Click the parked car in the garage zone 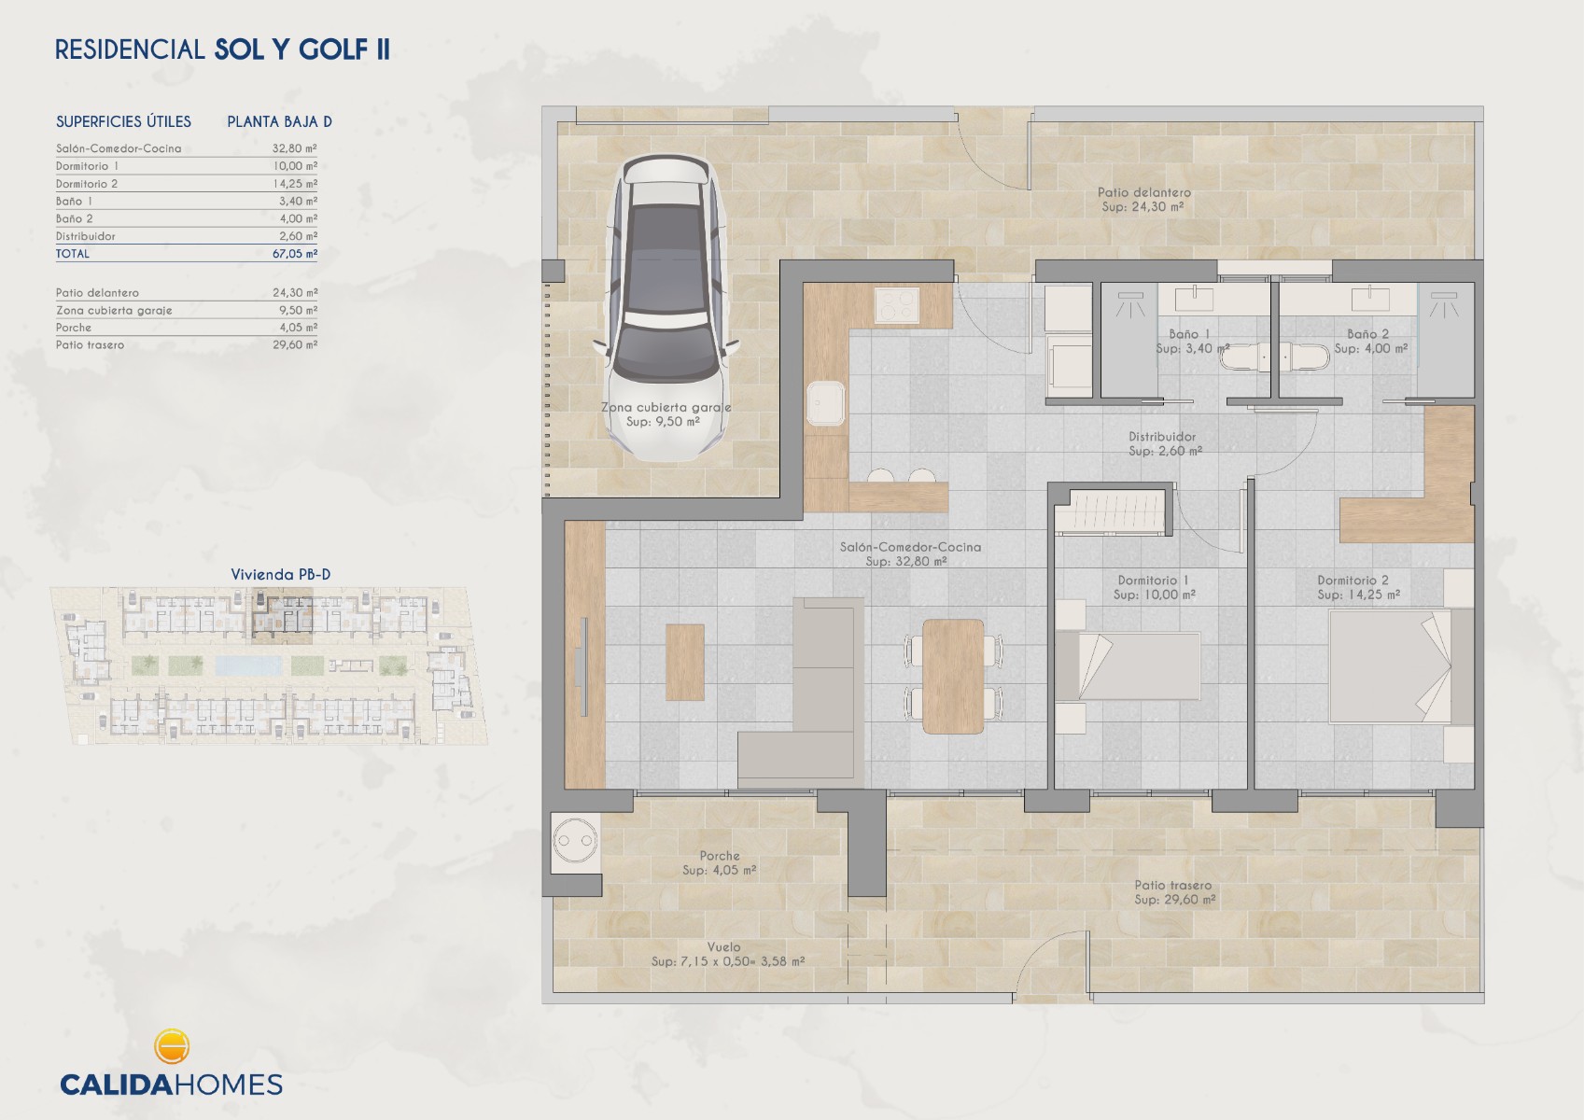[x=666, y=308]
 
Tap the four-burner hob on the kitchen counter [x=897, y=305]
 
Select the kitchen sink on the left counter [x=826, y=404]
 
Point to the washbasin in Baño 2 [x=1369, y=299]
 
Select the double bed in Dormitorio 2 [x=1401, y=666]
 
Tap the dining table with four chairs [x=953, y=676]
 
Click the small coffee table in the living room [x=684, y=662]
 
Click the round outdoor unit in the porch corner [x=574, y=842]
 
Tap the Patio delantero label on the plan [x=1144, y=192]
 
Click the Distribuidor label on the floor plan [x=1162, y=436]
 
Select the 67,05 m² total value [x=294, y=254]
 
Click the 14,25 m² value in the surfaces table [x=294, y=184]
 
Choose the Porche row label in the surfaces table [x=74, y=329]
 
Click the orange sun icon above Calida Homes [x=172, y=1046]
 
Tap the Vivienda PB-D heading [x=281, y=575]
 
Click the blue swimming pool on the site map [x=247, y=665]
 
